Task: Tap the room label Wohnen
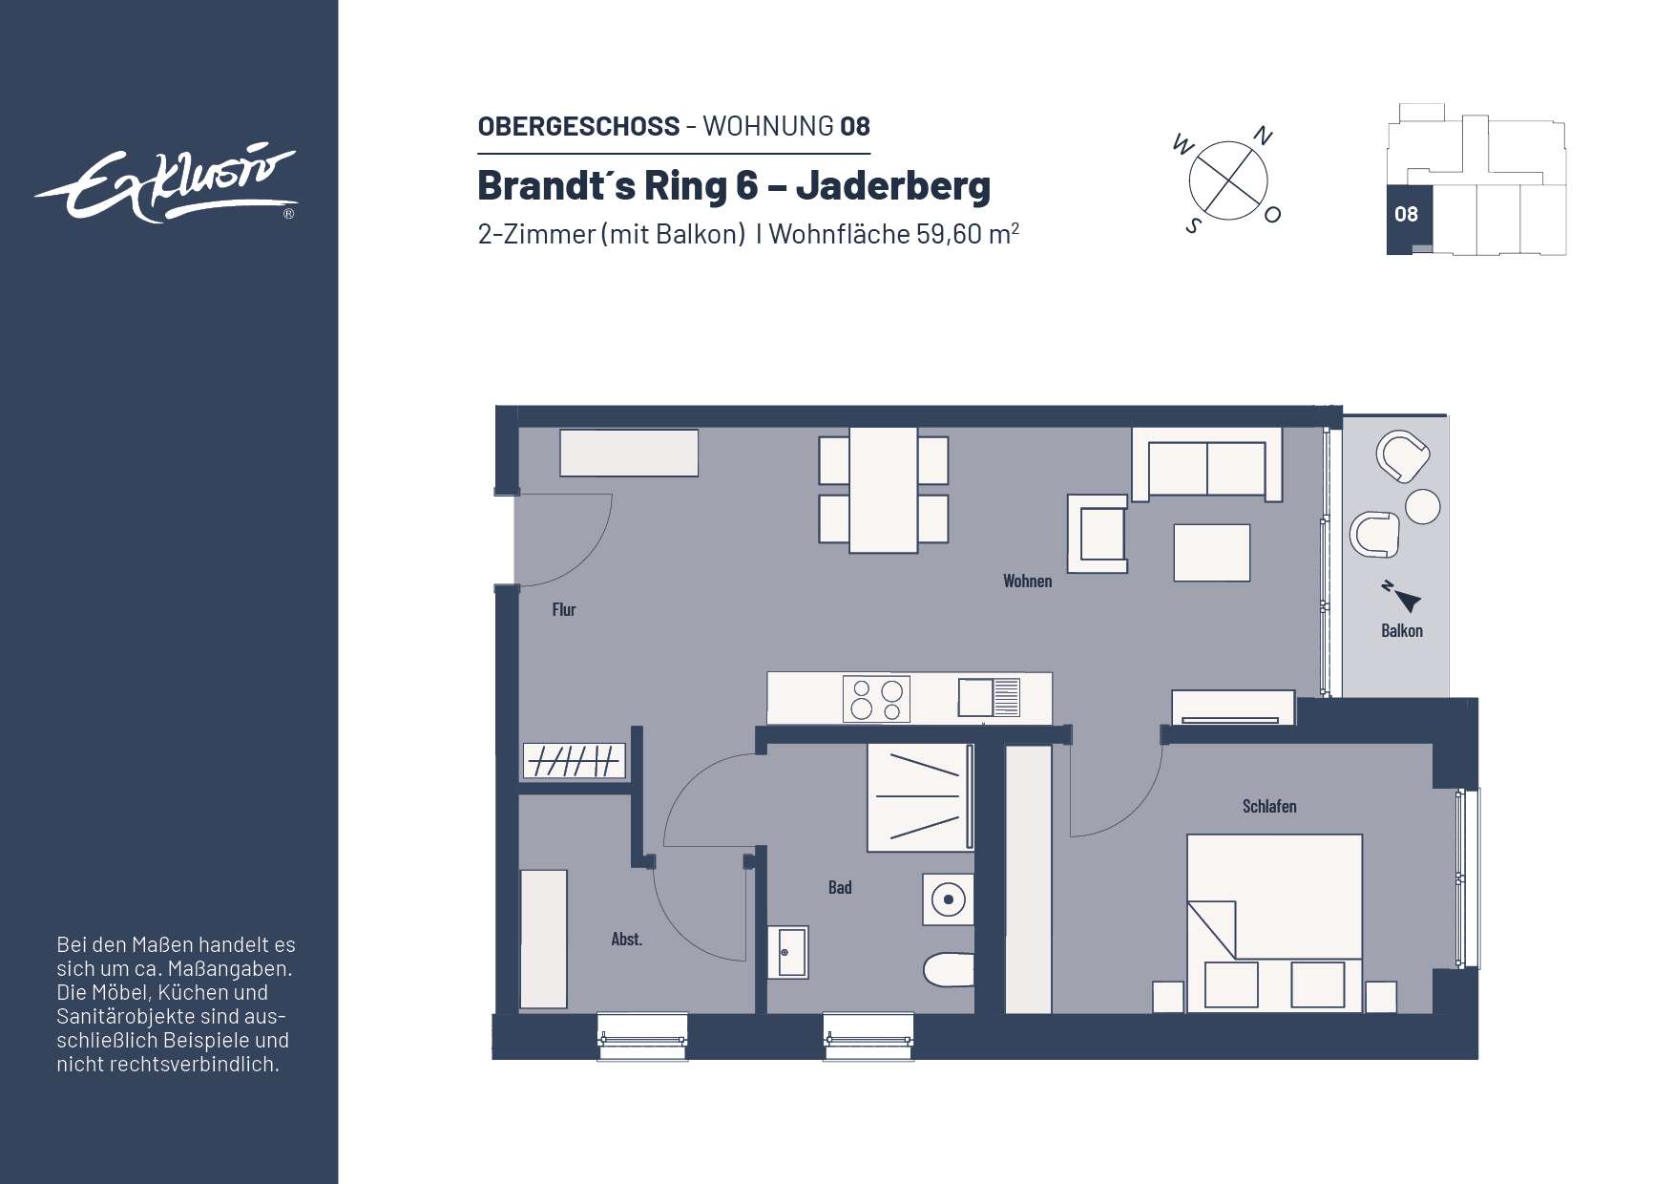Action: click(x=1027, y=581)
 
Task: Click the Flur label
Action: click(x=563, y=609)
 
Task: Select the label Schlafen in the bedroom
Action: click(x=1268, y=806)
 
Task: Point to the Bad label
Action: click(x=839, y=887)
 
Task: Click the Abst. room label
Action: click(x=626, y=939)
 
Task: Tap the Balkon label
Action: click(x=1401, y=630)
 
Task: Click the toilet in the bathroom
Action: click(x=950, y=969)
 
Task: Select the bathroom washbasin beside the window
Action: click(x=788, y=952)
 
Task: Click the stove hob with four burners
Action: click(x=876, y=699)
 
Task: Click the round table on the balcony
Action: click(x=1422, y=506)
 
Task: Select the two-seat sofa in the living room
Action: click(x=1206, y=465)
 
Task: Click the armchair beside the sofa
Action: click(x=1099, y=533)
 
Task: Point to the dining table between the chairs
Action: click(x=884, y=490)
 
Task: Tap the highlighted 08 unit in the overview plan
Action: click(x=1405, y=214)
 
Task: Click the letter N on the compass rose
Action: click(x=1262, y=137)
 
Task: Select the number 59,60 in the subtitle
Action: click(x=949, y=234)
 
